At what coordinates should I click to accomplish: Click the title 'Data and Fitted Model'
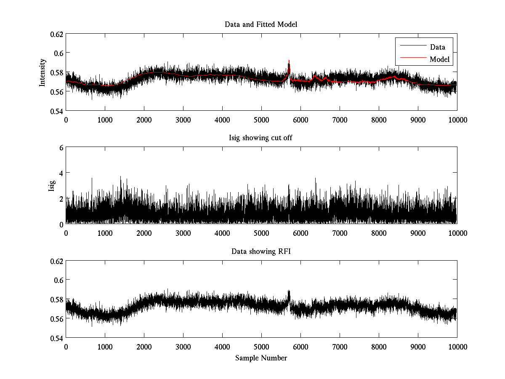261,24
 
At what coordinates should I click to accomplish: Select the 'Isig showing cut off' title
261,139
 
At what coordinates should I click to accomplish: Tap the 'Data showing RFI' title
261,252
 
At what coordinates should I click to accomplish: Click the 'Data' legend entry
437,47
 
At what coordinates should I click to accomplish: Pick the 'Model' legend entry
440,59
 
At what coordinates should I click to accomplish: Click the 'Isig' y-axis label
51,186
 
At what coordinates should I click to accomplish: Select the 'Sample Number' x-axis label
261,358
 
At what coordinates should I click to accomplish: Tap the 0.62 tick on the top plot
57,34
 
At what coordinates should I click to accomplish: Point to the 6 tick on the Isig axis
61,147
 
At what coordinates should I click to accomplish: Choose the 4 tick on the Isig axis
61,173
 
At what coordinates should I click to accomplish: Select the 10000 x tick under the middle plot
457,233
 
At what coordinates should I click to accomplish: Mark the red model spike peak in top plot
289,60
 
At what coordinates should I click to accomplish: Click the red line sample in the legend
413,59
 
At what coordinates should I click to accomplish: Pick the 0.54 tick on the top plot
57,111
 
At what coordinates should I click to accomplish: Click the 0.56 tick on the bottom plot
57,319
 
